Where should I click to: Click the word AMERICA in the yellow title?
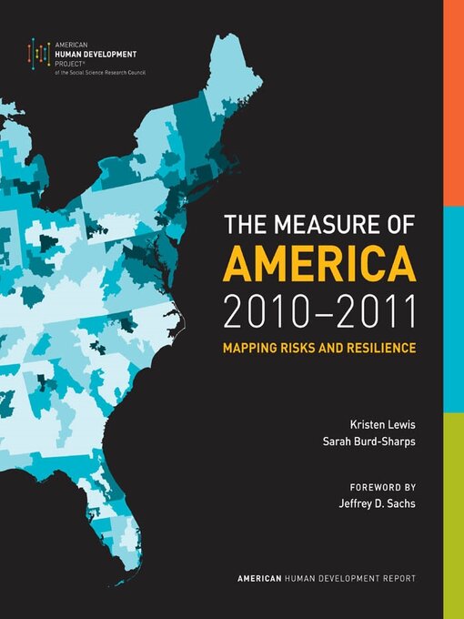pyautogui.click(x=319, y=265)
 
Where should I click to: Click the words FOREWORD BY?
pyautogui.click(x=382, y=486)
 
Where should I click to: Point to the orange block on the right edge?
pyautogui.click(x=453, y=103)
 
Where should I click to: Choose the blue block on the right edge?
pyautogui.click(x=453, y=309)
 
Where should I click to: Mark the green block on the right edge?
pyautogui.click(x=453, y=515)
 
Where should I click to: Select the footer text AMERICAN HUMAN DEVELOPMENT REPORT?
pyautogui.click(x=327, y=579)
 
